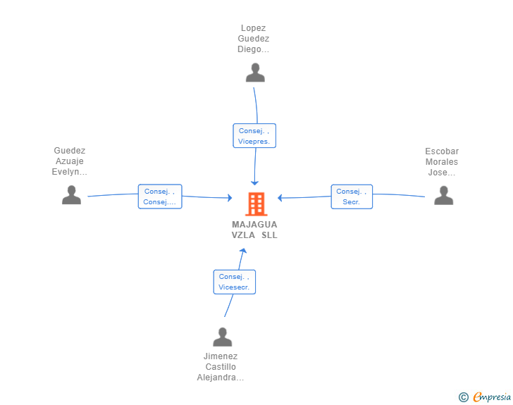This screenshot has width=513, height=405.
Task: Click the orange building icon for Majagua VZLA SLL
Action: tap(256, 204)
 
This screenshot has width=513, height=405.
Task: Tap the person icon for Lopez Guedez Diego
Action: tap(255, 73)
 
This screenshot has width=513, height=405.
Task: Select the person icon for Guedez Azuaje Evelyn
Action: tap(71, 195)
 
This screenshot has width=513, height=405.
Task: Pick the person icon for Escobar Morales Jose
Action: tap(444, 195)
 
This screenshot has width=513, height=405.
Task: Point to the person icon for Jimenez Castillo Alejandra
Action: tap(223, 337)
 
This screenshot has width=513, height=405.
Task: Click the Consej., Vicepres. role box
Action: tap(254, 136)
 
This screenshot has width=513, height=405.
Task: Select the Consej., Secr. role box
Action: tap(352, 197)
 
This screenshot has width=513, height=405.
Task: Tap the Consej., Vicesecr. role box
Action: tap(234, 282)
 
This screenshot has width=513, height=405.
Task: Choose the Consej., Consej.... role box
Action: tap(160, 197)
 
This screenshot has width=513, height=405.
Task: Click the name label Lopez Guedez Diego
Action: tap(253, 39)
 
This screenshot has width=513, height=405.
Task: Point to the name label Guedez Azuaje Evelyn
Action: tap(69, 161)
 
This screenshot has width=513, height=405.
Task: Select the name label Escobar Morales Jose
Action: tap(442, 161)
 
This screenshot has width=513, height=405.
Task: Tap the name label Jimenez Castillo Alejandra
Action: tap(221, 367)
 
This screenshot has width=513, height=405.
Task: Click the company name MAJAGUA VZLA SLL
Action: tap(254, 230)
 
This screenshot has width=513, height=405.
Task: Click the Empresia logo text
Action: tap(492, 397)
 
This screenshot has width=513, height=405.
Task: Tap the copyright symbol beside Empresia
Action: tap(463, 397)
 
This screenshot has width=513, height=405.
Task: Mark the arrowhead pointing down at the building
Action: tap(254, 183)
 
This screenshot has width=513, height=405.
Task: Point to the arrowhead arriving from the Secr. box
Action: tap(280, 198)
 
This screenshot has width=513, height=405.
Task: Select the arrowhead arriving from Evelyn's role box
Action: tap(230, 198)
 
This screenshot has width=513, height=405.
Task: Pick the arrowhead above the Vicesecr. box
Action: tap(242, 251)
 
